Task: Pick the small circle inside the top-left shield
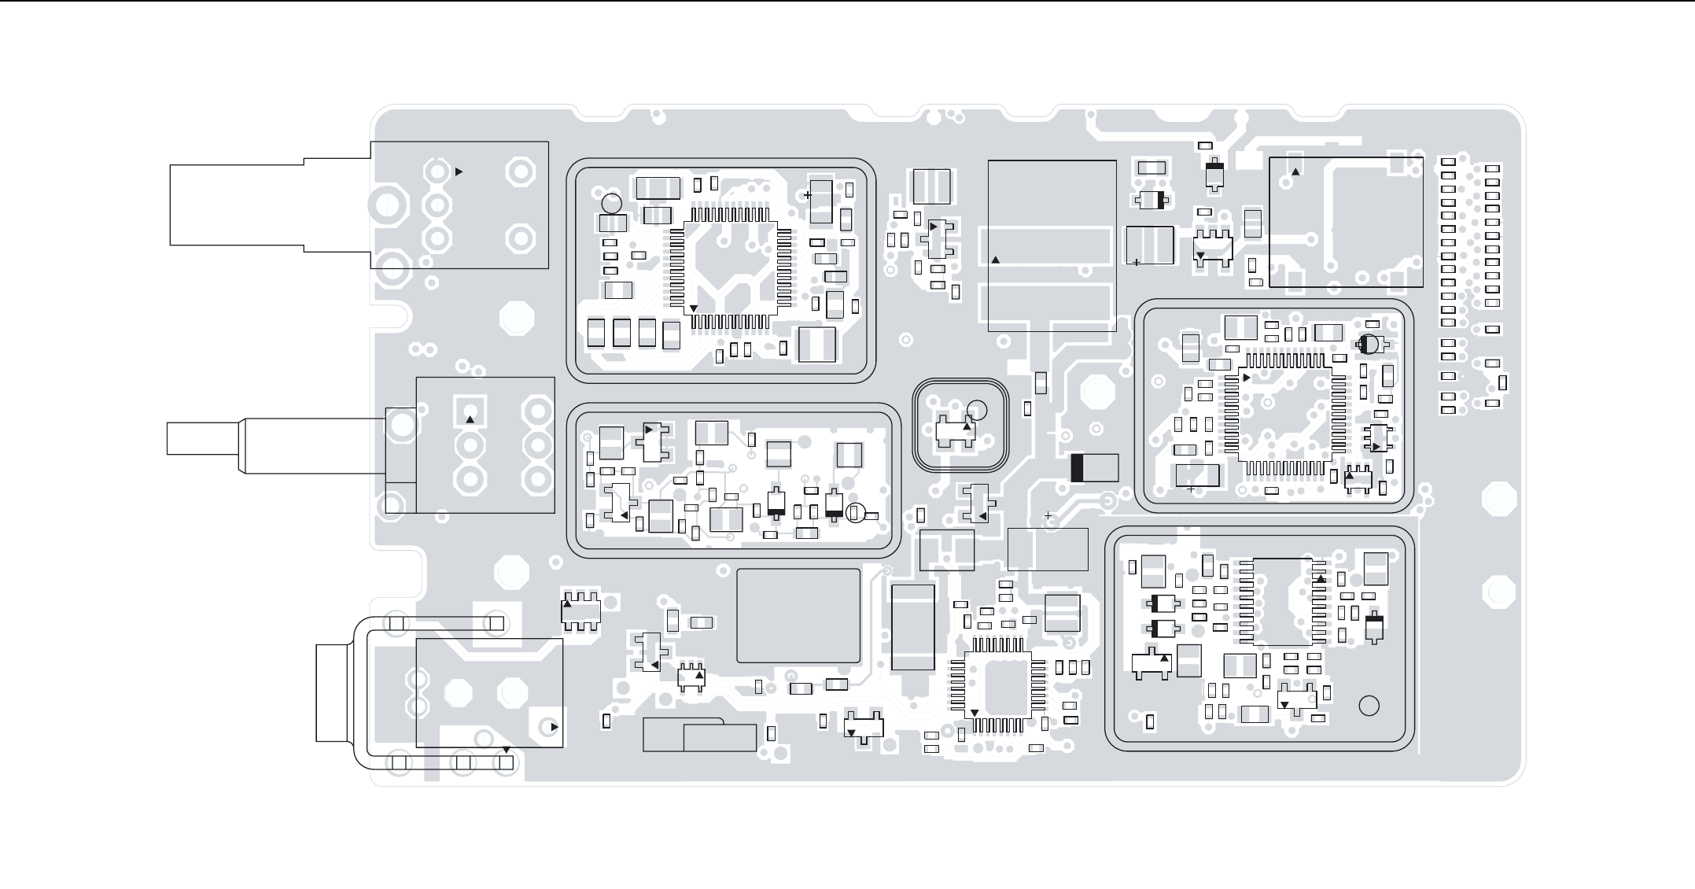[611, 204]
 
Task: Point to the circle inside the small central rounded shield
[976, 410]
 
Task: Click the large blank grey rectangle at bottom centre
[798, 616]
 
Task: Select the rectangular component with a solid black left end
[1094, 467]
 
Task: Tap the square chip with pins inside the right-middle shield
[1286, 414]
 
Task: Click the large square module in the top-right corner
[1345, 222]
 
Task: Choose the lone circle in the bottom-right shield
[1369, 706]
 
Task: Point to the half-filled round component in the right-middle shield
[1369, 344]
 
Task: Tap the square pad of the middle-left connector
[470, 411]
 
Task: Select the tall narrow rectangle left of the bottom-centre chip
[913, 627]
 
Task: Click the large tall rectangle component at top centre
[1052, 245]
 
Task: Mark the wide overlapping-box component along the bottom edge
[699, 735]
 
